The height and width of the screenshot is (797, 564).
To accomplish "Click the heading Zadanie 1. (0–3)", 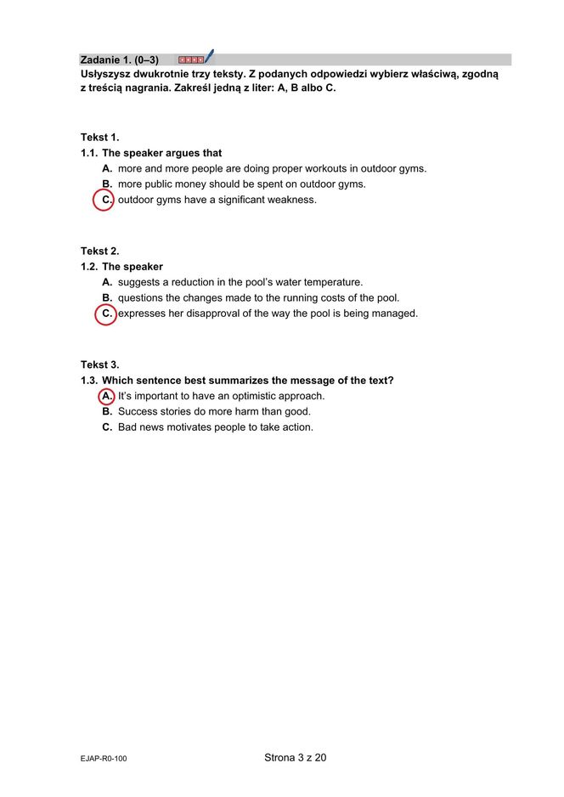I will [119, 59].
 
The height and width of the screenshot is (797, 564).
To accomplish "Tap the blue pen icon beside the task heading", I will [208, 57].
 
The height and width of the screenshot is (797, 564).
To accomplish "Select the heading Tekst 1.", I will [100, 137].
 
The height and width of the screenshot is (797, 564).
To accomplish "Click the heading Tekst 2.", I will [100, 251].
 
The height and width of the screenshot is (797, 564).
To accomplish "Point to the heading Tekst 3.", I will [100, 365].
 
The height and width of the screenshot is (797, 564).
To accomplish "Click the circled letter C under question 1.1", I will [105, 201].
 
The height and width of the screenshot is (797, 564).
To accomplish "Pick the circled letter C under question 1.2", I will [105, 314].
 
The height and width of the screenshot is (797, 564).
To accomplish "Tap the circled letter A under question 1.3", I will [106, 396].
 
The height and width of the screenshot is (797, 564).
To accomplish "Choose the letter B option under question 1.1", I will [107, 184].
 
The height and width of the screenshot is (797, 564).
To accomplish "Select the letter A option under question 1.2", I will [107, 282].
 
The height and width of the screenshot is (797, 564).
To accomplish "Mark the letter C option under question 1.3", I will [107, 427].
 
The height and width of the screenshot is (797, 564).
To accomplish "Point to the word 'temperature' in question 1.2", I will [330, 282].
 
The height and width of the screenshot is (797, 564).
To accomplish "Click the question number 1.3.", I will [89, 381].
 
